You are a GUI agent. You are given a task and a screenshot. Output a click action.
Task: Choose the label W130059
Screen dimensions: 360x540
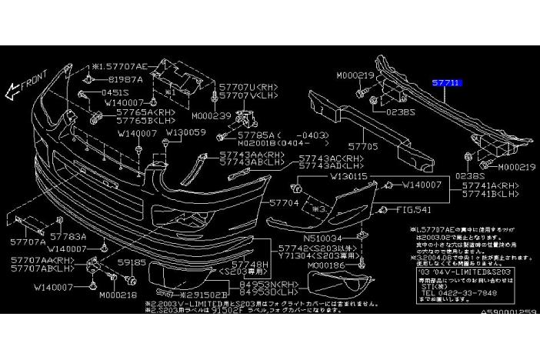(185, 132)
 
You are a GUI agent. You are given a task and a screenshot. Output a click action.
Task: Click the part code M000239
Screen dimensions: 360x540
(210, 116)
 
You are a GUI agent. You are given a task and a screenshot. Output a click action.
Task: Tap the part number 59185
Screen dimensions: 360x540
(130, 262)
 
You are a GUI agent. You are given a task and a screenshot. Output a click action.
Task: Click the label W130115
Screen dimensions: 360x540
(349, 175)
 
